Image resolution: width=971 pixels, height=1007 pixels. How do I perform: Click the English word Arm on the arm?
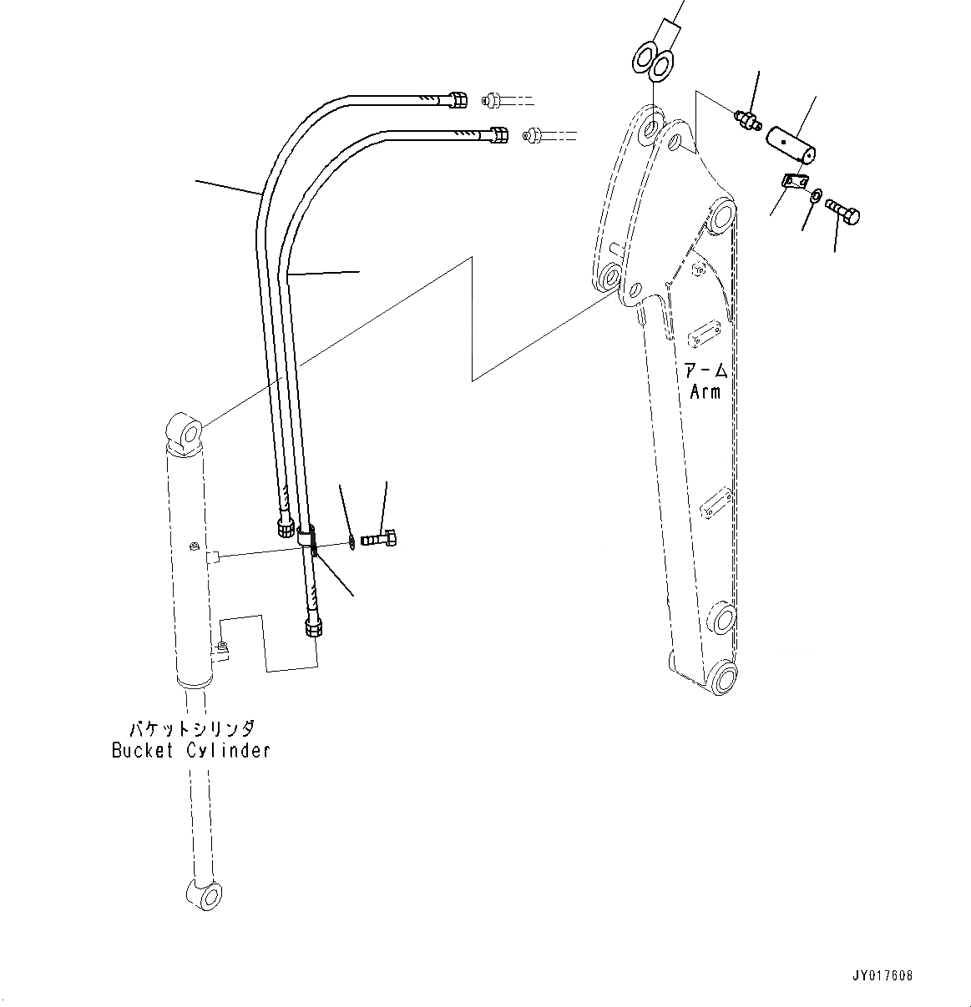705,390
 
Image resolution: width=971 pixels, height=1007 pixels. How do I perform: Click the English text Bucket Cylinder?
191,750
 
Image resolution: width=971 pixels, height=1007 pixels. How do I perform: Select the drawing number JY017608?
882,975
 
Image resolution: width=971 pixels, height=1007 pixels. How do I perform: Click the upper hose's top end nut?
458,100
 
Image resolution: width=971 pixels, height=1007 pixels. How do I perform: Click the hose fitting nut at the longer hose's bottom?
314,627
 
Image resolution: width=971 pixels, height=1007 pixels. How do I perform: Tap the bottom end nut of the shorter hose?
285,527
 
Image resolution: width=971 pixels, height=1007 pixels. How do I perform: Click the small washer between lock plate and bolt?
815,197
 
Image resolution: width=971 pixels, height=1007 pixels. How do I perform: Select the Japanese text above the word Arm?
705,370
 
